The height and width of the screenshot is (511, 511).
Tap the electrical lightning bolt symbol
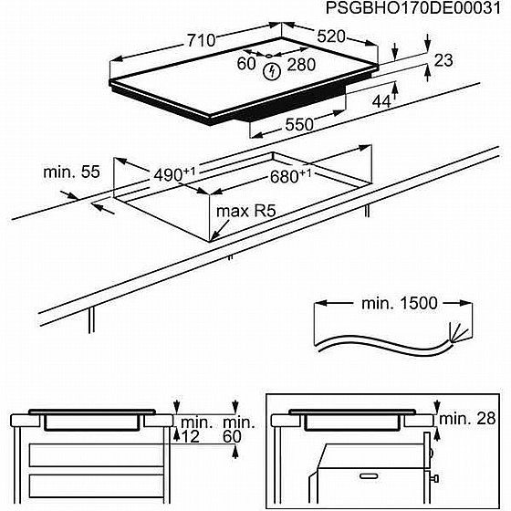tap(271, 71)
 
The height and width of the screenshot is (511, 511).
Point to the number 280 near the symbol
tap(301, 64)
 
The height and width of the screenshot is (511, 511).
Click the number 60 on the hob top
tap(246, 64)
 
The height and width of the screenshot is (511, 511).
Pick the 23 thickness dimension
tap(443, 61)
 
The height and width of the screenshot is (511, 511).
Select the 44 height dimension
tap(381, 101)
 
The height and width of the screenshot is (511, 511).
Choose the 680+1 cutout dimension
tap(291, 175)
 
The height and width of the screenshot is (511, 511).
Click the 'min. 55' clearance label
tap(70, 172)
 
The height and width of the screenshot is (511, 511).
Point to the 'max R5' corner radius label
tap(245, 212)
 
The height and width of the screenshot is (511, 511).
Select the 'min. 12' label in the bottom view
tap(194, 431)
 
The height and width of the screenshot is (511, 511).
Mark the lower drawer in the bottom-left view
tap(91, 484)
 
